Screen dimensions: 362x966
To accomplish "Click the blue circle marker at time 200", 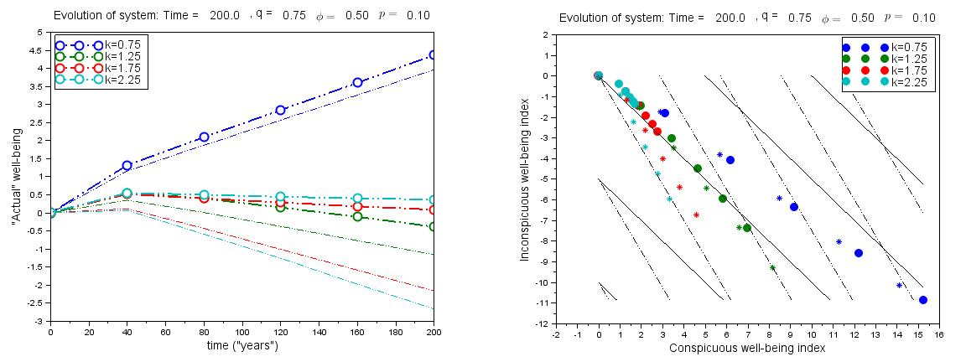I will [434, 54].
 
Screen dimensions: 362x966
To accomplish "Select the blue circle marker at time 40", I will [127, 166].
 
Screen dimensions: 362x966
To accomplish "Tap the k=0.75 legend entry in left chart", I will [124, 45].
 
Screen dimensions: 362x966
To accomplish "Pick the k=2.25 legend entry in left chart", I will [124, 80].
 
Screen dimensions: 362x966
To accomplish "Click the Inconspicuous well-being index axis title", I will [525, 178].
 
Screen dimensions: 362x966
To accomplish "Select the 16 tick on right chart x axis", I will [937, 334].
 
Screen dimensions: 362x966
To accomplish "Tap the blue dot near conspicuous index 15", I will [922, 299].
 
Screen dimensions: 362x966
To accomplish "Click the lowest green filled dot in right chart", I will [746, 228].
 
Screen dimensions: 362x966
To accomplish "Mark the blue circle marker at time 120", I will [281, 110].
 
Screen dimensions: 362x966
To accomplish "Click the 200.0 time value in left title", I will [224, 16].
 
